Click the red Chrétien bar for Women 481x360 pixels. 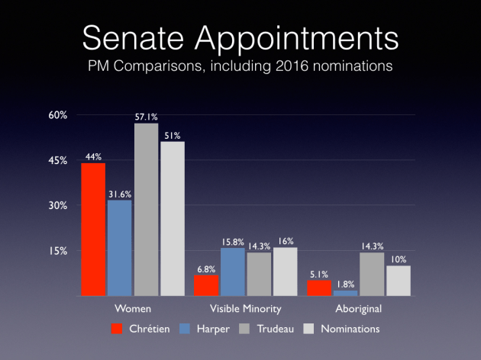pyautogui.click(x=94, y=229)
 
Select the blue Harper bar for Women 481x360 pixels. pyautogui.click(x=120, y=247)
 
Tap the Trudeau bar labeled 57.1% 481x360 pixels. pyautogui.click(x=146, y=209)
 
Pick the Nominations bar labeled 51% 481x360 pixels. pyautogui.click(x=172, y=218)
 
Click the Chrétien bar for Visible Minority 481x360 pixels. pyautogui.click(x=206, y=285)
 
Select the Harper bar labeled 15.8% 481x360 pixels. pyautogui.click(x=232, y=272)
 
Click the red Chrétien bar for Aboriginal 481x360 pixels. pyautogui.click(x=319, y=288)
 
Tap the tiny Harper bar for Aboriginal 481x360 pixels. pyautogui.click(x=345, y=293)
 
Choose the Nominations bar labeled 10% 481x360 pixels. pyautogui.click(x=398, y=281)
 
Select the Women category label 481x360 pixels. pyautogui.click(x=132, y=310)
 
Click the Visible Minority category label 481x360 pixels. pyautogui.click(x=246, y=310)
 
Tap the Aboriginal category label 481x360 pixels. pyautogui.click(x=358, y=310)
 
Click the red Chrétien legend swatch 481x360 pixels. pyautogui.click(x=116, y=329)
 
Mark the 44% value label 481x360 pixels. pyautogui.click(x=94, y=156)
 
